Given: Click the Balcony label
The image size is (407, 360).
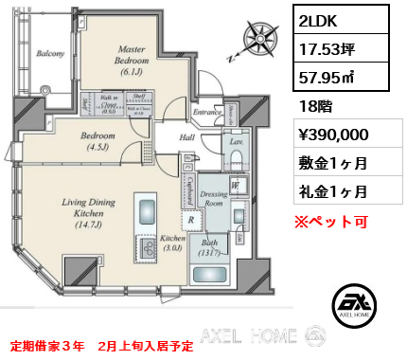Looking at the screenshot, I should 49,54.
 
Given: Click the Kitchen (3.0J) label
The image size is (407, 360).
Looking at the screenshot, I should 171,243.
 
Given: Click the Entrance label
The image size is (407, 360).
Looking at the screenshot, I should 206,114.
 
